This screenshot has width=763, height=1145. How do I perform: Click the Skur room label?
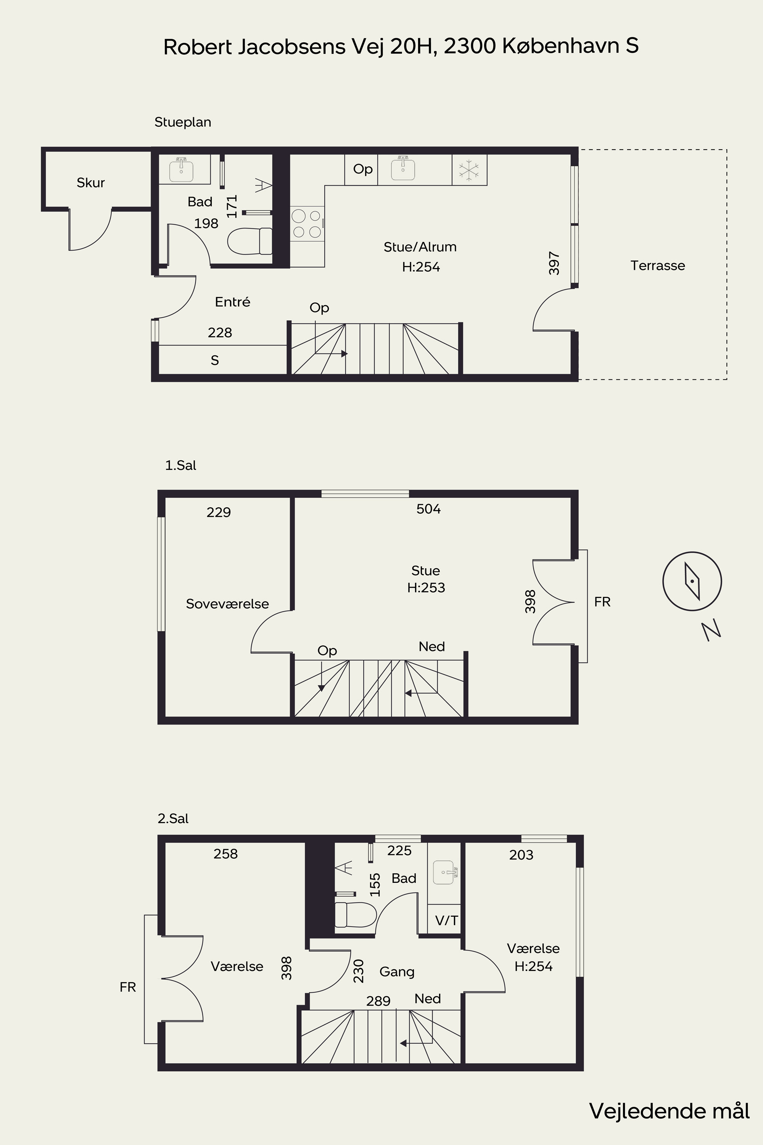pyautogui.click(x=90, y=182)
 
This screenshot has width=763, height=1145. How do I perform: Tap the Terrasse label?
pyautogui.click(x=657, y=265)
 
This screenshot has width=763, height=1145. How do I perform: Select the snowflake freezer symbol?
pyautogui.click(x=469, y=170)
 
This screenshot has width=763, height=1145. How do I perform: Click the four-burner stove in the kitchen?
pyautogui.click(x=307, y=223)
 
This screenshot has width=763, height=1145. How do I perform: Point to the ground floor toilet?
pyautogui.click(x=250, y=241)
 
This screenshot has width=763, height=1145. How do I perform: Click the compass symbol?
pyautogui.click(x=692, y=581)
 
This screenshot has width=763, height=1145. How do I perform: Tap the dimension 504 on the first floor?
pyautogui.click(x=428, y=509)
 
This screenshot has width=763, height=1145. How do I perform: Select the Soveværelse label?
pyautogui.click(x=227, y=604)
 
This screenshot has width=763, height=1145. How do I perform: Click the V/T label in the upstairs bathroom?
pyautogui.click(x=446, y=920)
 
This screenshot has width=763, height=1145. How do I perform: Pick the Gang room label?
pyautogui.click(x=397, y=972)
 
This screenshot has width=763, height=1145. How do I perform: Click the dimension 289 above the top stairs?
pyautogui.click(x=378, y=1000)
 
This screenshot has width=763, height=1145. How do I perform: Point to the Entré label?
pyautogui.click(x=233, y=302)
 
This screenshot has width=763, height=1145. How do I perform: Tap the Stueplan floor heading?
pyautogui.click(x=182, y=122)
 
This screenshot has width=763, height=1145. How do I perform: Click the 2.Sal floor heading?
pyautogui.click(x=173, y=818)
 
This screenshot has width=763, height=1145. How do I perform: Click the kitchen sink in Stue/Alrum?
pyautogui.click(x=403, y=168)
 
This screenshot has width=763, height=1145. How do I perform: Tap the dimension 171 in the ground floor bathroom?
pyautogui.click(x=232, y=206)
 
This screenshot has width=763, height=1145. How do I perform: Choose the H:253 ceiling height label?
pyautogui.click(x=426, y=588)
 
